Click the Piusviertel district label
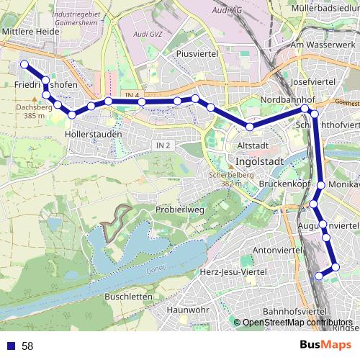197,53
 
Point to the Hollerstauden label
93,134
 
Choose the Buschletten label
128,296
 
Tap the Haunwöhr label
186,310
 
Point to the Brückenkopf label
284,185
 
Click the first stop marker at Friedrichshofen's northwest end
24,65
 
